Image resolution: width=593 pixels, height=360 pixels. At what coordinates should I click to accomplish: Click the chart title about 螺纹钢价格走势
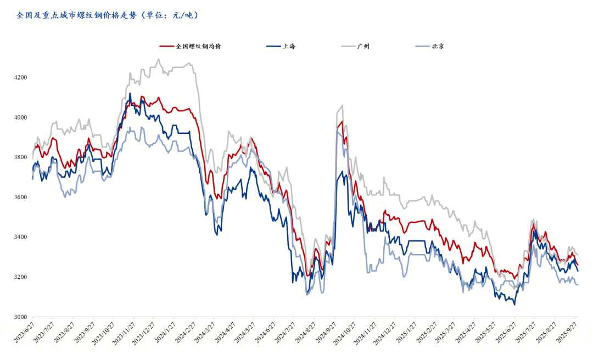coord(108,15)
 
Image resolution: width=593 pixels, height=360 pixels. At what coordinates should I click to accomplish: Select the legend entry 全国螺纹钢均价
coord(198,46)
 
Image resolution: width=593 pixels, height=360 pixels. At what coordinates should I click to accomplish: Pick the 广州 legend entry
coord(363,46)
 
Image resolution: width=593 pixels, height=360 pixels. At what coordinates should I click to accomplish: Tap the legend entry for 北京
coord(438,46)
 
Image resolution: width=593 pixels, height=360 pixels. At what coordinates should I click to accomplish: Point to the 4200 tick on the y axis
coord(20,77)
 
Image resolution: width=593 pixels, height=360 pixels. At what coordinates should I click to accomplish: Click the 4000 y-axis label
coord(20,117)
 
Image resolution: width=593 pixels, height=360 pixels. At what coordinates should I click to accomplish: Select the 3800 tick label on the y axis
coord(20,157)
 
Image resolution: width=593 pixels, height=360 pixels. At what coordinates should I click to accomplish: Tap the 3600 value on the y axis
coord(20,198)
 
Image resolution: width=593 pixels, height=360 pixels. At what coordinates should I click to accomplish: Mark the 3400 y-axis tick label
coord(20,237)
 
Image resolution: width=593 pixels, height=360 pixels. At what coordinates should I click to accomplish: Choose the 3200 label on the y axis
coord(20,277)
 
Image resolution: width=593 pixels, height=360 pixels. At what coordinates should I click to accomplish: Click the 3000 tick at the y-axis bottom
coord(20,317)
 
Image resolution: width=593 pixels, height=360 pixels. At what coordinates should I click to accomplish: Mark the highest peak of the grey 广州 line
coord(159,59)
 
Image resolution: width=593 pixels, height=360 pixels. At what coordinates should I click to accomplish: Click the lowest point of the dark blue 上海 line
coord(514,305)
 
